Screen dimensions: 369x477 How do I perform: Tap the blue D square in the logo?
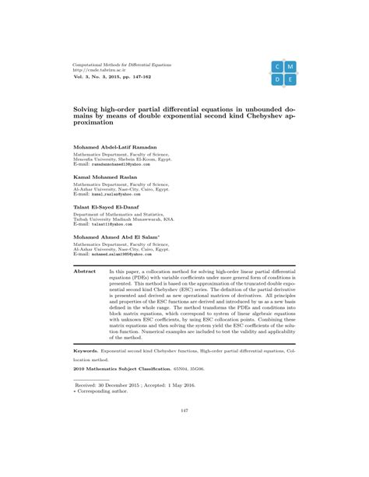277,80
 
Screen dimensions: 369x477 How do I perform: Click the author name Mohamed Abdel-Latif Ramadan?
114,147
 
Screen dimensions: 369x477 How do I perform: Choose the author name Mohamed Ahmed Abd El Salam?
115,235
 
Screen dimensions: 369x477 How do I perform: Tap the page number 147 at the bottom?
184,432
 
